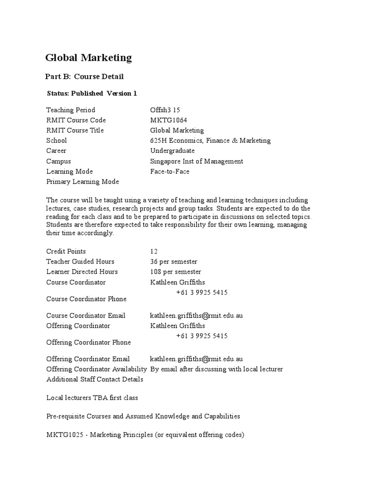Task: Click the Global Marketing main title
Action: [88, 58]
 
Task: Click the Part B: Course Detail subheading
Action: [85, 77]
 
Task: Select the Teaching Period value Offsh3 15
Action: [165, 110]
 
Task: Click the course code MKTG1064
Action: [169, 120]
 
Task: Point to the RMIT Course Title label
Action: [75, 131]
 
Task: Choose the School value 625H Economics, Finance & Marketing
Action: [210, 141]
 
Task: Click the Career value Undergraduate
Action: [172, 151]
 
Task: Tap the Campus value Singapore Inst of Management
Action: [197, 161]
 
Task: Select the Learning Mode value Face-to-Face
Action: [170, 171]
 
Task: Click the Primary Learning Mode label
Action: [83, 182]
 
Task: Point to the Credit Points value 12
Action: [154, 251]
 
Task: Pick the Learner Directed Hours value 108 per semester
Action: [176, 272]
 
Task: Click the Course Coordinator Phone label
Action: [86, 299]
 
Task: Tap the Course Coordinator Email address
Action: [196, 315]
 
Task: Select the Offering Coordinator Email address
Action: [196, 359]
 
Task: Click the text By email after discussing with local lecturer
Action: [217, 369]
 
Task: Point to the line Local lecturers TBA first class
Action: [92, 398]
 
